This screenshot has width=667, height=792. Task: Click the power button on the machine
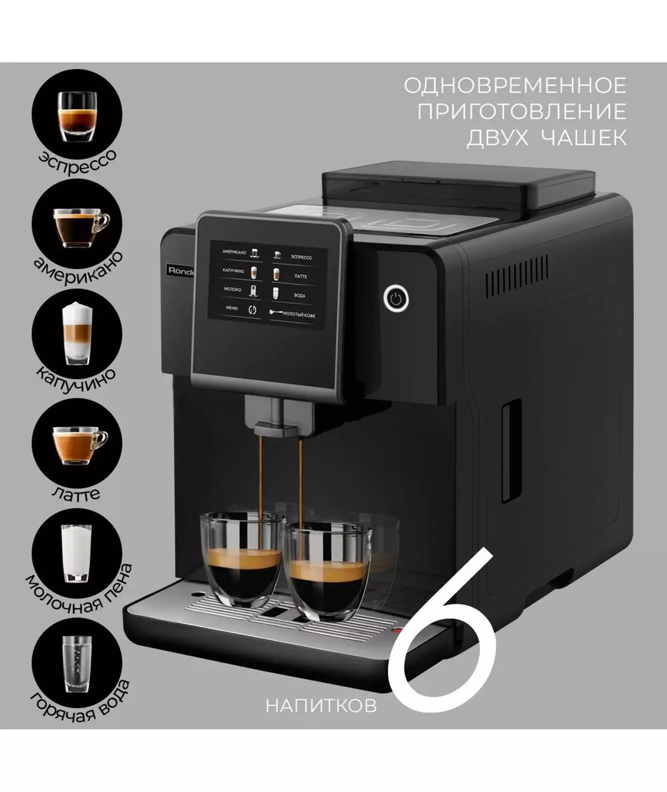tap(396, 298)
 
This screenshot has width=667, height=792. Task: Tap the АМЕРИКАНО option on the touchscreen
tap(234, 252)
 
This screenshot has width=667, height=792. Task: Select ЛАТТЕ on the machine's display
tap(300, 276)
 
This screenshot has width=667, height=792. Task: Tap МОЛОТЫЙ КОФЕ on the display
tap(299, 314)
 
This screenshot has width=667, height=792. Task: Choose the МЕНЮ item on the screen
tap(232, 308)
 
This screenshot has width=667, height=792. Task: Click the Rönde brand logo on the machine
tap(180, 271)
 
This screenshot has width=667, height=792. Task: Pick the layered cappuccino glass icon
tap(77, 333)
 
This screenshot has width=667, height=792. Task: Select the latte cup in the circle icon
tap(80, 446)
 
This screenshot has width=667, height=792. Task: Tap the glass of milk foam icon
tap(77, 553)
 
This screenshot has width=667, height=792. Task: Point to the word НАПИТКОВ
tap(321, 705)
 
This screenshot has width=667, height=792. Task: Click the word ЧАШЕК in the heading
tap(584, 137)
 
